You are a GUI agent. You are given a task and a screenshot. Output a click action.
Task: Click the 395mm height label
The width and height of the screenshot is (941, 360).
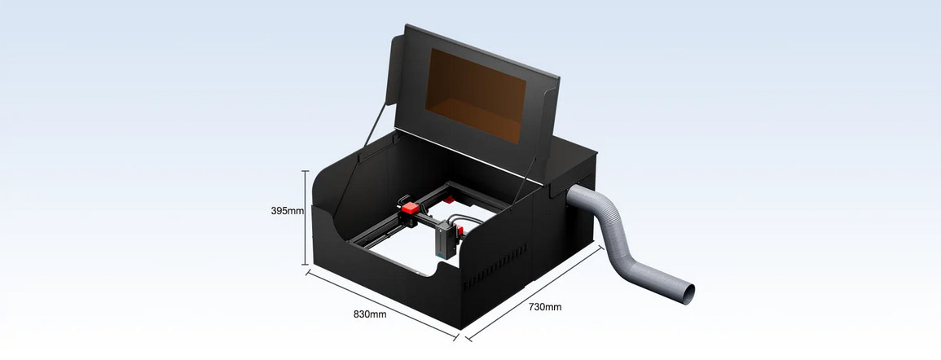coord(287,211)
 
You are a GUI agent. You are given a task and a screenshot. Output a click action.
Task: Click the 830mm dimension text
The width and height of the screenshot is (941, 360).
coord(370,314)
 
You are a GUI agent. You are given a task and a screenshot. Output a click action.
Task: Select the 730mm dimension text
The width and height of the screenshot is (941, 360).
coord(545,306)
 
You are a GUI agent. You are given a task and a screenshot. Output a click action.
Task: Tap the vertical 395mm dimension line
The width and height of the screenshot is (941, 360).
coord(306,217)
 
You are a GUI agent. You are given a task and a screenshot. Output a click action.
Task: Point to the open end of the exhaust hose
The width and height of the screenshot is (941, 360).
coord(688,293)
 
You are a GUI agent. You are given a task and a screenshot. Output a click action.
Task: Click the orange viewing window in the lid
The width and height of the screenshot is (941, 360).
coord(475,95)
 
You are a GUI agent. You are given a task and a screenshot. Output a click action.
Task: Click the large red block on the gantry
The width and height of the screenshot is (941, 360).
coord(411,209)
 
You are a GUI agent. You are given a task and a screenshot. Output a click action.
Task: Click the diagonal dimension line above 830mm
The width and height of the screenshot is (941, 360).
coord(382,305)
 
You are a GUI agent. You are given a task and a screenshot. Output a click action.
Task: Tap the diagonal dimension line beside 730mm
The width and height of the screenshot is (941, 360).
coord(534,292)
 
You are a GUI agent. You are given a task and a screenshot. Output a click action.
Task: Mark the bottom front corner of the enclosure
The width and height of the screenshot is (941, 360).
coord(460,329)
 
